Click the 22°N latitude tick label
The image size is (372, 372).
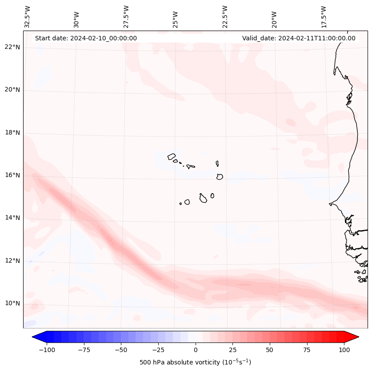click(12, 47)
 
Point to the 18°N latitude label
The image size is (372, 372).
click(12, 133)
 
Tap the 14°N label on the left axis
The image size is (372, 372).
click(12, 218)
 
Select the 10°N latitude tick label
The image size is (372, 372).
click(12, 303)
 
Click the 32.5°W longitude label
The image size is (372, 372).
click(28, 16)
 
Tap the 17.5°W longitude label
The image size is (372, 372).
click(324, 16)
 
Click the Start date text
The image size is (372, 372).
click(86, 38)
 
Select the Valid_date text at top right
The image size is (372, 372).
click(299, 38)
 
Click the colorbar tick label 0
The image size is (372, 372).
click(196, 350)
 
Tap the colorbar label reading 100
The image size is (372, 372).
click(344, 350)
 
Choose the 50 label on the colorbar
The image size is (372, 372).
click(270, 350)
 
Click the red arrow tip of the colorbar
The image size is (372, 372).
click(356, 337)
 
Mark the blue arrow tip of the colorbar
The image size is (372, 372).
click(35, 337)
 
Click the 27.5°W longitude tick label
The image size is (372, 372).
click(126, 16)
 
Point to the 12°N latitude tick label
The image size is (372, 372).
click(12, 261)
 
